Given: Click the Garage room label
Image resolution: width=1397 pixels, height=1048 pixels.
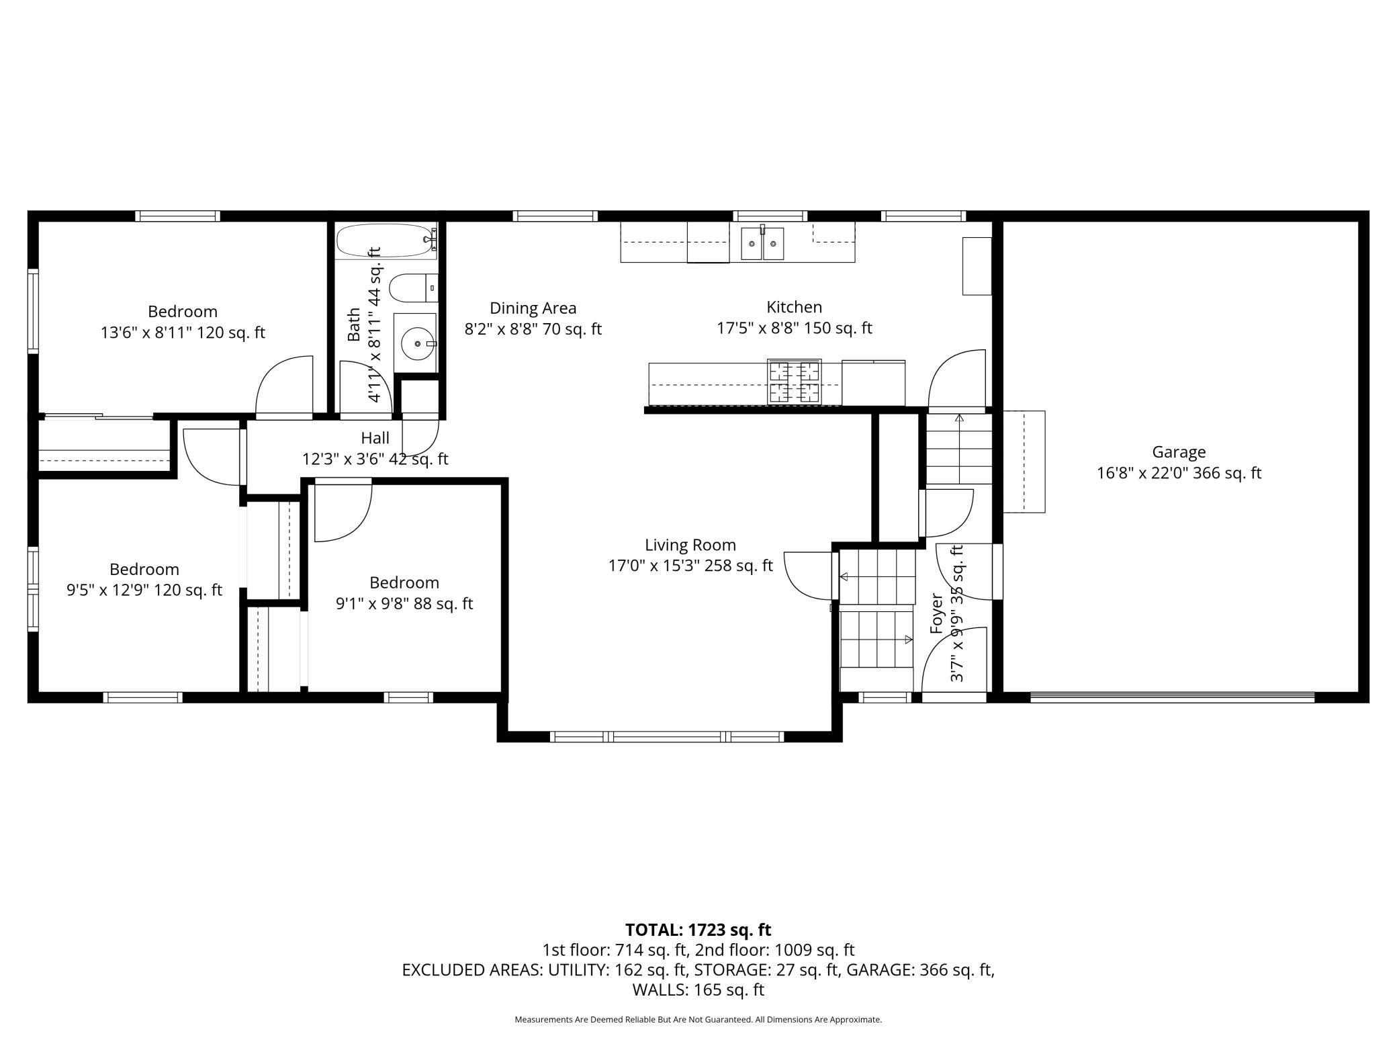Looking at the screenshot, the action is click(x=1179, y=452).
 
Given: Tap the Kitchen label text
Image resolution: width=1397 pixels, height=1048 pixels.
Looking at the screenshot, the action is click(x=794, y=307).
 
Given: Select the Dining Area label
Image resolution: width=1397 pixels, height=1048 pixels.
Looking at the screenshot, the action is click(x=533, y=308).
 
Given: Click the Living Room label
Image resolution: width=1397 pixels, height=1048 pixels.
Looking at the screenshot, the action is click(x=690, y=545).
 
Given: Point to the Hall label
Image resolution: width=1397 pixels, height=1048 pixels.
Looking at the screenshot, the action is click(x=375, y=438).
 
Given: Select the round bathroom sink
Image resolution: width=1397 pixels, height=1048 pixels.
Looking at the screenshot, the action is click(x=417, y=343).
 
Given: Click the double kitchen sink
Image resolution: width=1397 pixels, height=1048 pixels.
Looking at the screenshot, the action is click(x=762, y=243).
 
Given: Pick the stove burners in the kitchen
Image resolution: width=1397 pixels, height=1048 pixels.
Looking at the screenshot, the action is click(x=795, y=382).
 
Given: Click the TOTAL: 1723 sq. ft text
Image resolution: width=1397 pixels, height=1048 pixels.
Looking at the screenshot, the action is click(x=698, y=930).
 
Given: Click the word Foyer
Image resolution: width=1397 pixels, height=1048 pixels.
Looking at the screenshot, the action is click(x=936, y=613).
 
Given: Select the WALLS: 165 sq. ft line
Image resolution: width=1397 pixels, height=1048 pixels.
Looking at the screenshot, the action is click(x=698, y=990).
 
